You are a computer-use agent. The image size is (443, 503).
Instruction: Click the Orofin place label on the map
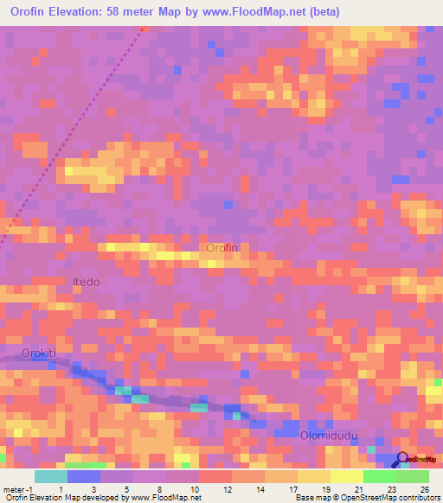pos(221,248)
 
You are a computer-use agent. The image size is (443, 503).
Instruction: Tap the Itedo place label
pos(86,282)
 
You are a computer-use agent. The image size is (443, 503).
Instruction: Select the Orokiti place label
pos(38,353)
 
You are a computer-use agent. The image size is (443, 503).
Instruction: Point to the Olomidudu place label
pos(328,436)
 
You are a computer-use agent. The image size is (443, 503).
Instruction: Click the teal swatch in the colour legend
pos(50,476)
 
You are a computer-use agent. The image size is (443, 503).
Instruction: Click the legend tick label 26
pos(425,489)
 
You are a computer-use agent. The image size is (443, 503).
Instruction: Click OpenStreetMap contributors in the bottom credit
pos(395,498)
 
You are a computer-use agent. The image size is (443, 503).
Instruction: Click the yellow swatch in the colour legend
pos(346,476)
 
